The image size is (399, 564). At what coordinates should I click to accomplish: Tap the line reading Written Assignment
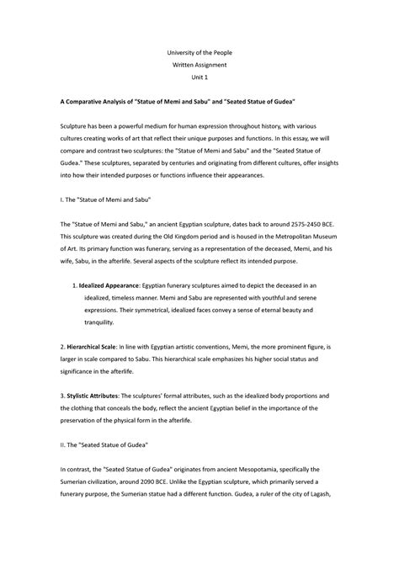(199, 65)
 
